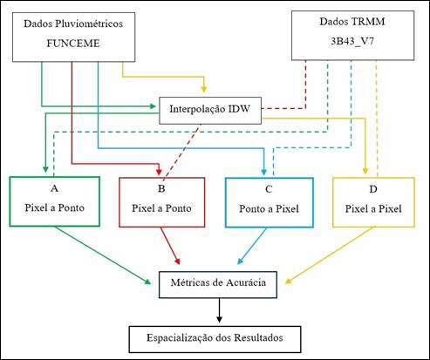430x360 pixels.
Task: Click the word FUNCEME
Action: point(73,44)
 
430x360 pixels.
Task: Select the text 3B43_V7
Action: point(352,41)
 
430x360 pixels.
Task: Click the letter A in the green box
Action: point(54,188)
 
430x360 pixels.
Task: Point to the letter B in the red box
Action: point(161,188)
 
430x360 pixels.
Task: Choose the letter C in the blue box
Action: point(269,189)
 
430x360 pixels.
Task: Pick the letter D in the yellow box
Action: point(373,189)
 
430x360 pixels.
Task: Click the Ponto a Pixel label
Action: point(269,209)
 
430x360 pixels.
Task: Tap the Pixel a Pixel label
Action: point(373,209)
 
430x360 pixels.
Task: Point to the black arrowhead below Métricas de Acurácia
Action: point(219,319)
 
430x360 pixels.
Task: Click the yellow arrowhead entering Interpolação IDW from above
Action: point(204,89)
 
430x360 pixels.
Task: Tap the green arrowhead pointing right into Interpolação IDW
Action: point(153,106)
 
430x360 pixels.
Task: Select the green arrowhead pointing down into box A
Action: point(45,169)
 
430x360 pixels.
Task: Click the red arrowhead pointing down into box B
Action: point(159,171)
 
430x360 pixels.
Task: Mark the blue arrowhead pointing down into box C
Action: point(264,172)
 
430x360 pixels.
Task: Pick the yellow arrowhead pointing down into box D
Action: point(365,171)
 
